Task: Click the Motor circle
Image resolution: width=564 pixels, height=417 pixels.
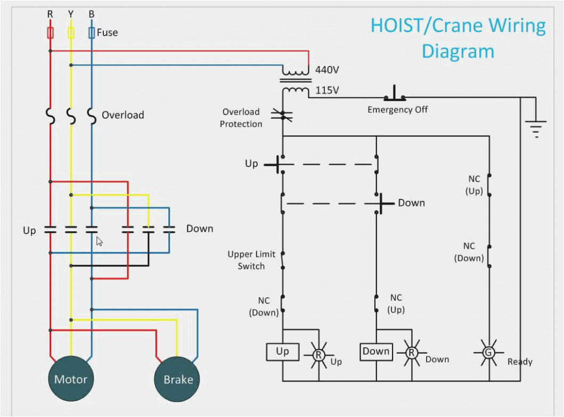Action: [71, 379]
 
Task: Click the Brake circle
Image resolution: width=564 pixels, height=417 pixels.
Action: [178, 379]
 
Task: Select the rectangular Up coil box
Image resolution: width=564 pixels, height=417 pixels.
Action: [282, 351]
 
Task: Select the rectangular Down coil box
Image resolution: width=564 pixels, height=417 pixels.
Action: [376, 351]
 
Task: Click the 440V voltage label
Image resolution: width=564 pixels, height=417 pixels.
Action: [327, 70]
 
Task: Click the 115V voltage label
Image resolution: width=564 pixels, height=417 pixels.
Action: [327, 90]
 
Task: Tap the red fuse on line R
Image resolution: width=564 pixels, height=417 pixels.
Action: [50, 34]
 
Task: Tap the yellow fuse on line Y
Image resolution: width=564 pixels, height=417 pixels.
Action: [71, 34]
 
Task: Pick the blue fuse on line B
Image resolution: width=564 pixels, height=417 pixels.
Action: [92, 34]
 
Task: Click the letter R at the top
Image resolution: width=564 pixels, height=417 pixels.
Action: [50, 14]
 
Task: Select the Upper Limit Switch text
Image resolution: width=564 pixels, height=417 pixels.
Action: [251, 260]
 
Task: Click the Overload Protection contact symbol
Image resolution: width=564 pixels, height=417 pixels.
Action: [282, 113]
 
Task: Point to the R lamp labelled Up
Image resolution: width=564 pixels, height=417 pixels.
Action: [318, 353]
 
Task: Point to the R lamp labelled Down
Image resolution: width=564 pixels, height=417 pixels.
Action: [411, 352]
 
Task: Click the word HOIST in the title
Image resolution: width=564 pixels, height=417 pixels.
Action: [394, 26]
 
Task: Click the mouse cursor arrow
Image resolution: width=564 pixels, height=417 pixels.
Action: [99, 241]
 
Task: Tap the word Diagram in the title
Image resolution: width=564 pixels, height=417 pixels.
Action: [457, 52]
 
